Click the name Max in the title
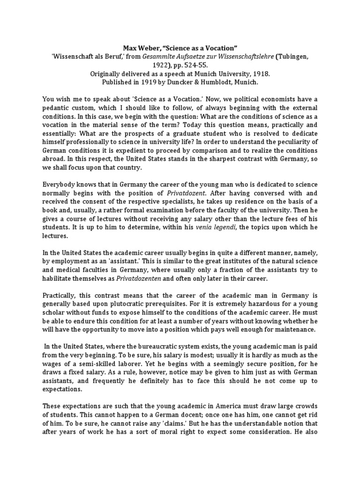point(130,48)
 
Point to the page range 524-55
point(199,65)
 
